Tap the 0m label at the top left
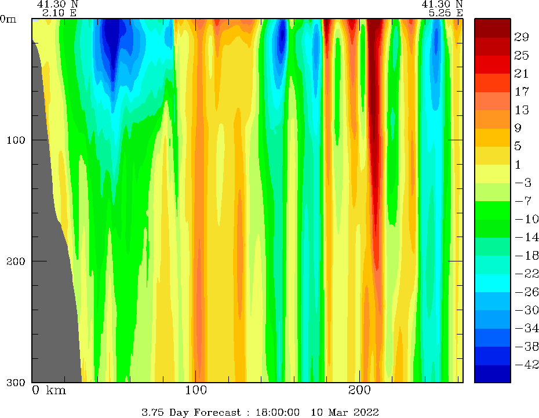pos(9,19)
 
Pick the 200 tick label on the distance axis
pos(359,390)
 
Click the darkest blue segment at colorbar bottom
pos(493,374)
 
